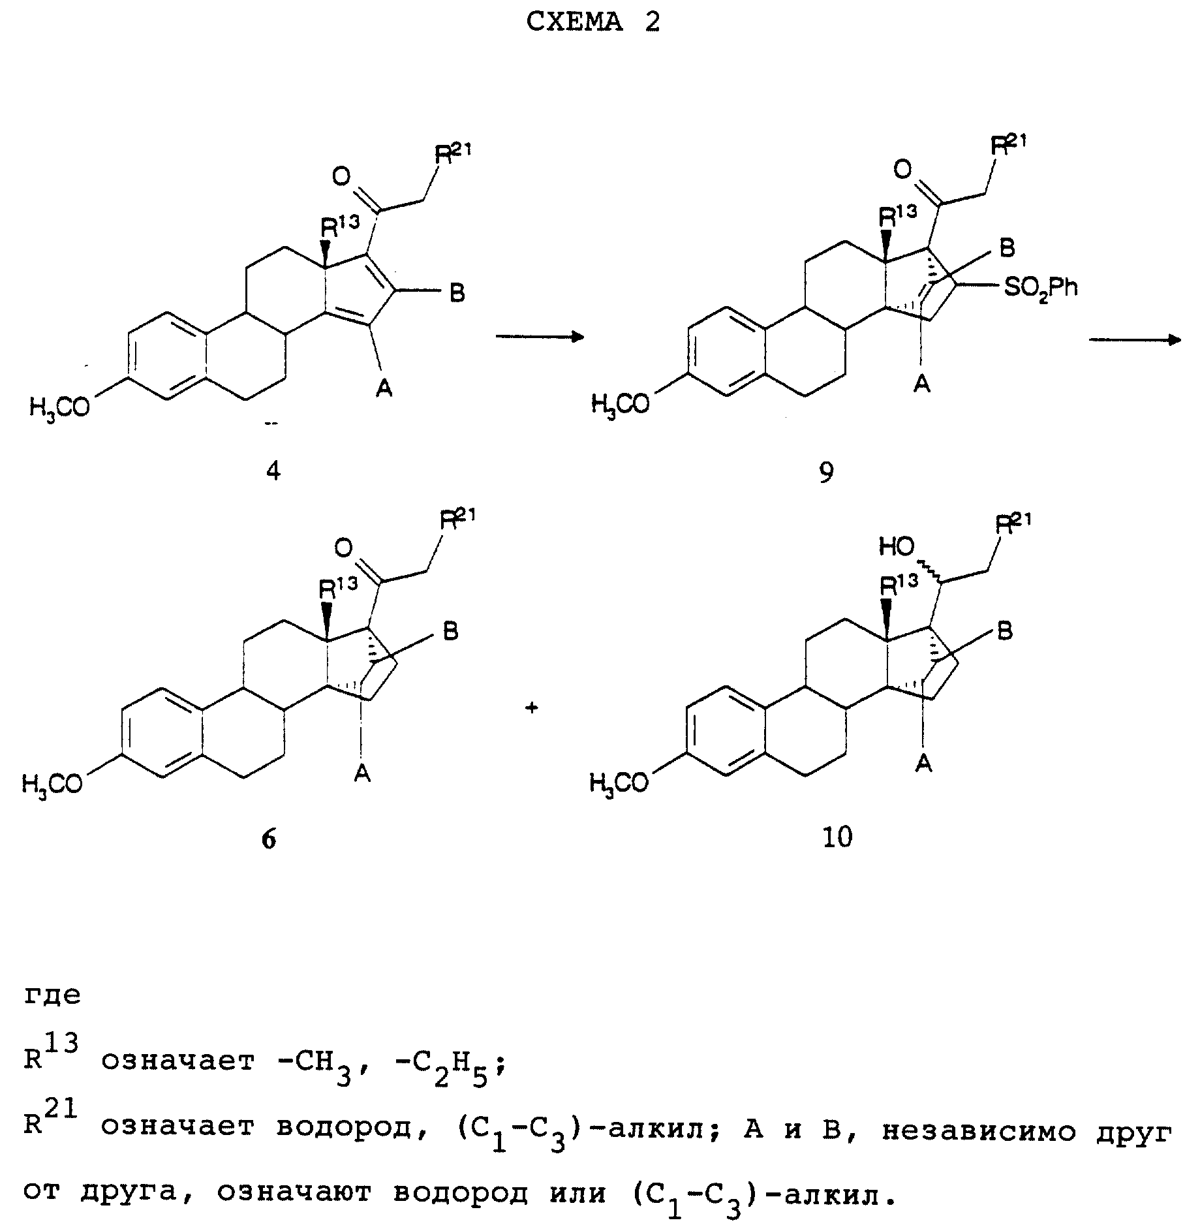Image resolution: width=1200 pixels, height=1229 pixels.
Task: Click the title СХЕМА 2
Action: click(592, 23)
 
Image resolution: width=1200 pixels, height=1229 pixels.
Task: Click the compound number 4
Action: click(273, 471)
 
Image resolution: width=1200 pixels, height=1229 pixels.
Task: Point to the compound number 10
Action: click(838, 837)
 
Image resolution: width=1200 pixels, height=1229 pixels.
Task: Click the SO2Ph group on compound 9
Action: click(1040, 287)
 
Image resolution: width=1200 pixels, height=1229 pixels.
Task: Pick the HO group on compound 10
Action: click(897, 547)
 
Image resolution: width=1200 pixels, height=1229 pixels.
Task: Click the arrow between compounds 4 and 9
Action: click(539, 336)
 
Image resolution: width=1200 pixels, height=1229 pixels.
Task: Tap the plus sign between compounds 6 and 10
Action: click(532, 708)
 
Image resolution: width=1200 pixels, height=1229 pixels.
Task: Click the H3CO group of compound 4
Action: click(59, 408)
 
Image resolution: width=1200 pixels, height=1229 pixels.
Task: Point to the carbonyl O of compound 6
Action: click(344, 548)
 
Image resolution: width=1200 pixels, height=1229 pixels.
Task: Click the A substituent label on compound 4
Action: click(384, 390)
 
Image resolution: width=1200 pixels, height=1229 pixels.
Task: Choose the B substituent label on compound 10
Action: click(1006, 631)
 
